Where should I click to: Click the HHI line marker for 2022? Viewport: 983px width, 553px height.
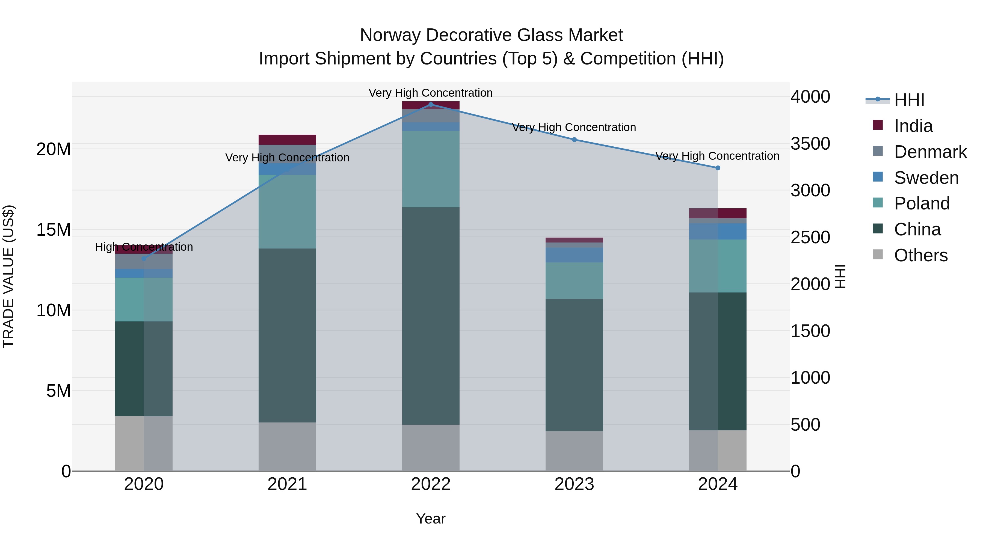(x=431, y=104)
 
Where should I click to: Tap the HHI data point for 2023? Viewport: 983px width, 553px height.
(x=574, y=140)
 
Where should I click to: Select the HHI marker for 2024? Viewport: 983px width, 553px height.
(x=717, y=168)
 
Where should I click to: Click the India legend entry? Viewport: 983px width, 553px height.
(x=913, y=126)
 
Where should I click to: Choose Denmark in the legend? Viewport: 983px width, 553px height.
(x=930, y=152)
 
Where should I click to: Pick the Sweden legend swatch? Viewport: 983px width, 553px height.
(x=878, y=177)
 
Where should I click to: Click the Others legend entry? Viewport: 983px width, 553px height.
(x=920, y=255)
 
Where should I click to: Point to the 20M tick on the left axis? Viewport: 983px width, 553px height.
(x=54, y=149)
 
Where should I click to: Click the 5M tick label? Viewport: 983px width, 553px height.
(x=58, y=391)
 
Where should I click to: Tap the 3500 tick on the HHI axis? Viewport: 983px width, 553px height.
(x=810, y=144)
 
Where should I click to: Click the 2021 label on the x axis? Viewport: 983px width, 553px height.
(x=287, y=484)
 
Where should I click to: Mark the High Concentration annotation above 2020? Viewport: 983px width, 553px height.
(x=144, y=247)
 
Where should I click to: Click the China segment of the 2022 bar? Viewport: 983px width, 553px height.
(x=431, y=316)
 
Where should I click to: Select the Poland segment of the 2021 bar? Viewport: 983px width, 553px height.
(x=287, y=212)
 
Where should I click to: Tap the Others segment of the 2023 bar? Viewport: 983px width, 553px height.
(x=574, y=451)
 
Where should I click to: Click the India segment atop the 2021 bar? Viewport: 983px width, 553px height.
(x=287, y=140)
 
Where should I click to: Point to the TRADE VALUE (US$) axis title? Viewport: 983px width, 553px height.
(x=8, y=276)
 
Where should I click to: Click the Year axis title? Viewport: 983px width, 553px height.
(x=431, y=519)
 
